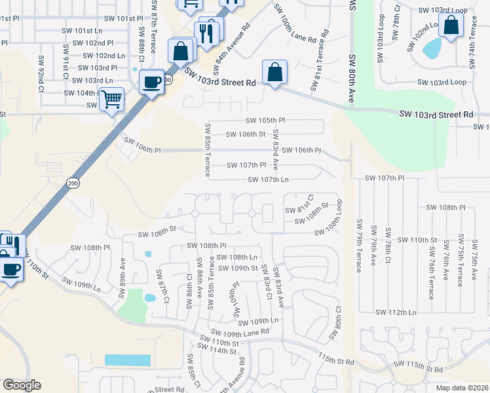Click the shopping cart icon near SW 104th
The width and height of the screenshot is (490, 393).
pos(112,99)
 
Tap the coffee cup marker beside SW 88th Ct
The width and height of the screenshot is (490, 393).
pos(152,82)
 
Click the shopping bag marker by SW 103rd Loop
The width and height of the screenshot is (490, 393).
pos(451,26)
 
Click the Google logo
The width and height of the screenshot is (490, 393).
pos(22,384)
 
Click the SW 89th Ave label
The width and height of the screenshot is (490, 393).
pos(122,277)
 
